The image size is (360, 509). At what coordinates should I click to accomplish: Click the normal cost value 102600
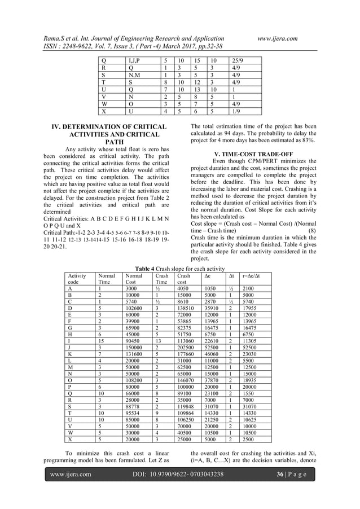pos(133,308)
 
